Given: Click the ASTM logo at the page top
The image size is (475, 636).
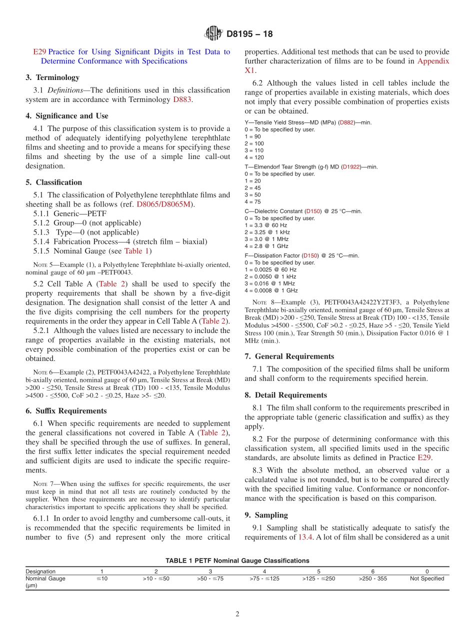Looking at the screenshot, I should tap(213, 34).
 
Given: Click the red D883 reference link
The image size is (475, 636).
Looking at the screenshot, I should tap(182, 99).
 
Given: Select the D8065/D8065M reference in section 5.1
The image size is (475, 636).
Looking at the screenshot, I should tap(163, 204).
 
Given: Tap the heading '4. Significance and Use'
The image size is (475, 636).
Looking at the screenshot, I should tap(67, 116).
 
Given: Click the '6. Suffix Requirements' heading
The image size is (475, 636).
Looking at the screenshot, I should tap(66, 411).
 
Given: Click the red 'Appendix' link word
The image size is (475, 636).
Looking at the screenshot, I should tap(433, 61).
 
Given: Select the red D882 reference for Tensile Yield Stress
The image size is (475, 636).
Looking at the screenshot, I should tap(346, 122).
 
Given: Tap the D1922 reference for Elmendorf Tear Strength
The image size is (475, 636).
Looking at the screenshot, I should tap(350, 167).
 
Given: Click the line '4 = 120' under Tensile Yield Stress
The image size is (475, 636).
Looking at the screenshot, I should tap(254, 157).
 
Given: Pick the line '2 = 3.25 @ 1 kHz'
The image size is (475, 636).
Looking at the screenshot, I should tap(267, 232).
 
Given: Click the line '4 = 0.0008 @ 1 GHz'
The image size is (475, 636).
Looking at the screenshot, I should tap(271, 290).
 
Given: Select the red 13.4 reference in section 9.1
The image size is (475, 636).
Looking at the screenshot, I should tap(306, 537).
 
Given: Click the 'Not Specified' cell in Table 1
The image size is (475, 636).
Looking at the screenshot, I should tap(426, 578).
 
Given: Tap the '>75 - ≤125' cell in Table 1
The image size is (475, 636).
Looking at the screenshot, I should tap(264, 578).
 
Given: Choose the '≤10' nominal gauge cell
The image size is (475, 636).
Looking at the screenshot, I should tap(102, 578).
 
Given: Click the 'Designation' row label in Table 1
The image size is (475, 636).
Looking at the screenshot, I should tap(40, 571).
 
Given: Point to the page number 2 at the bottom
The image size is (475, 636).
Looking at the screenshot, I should tap(237, 614).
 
